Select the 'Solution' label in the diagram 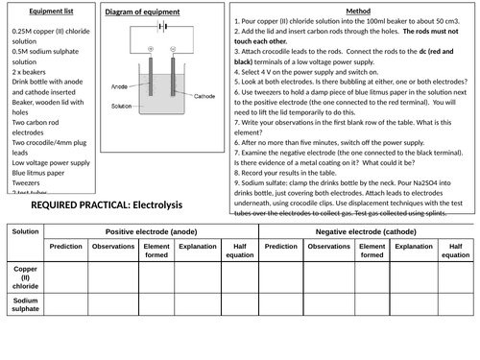(122, 106)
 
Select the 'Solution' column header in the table (25, 232)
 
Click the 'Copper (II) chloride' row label (25, 277)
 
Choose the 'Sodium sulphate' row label (25, 304)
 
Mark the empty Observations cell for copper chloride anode (113, 277)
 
